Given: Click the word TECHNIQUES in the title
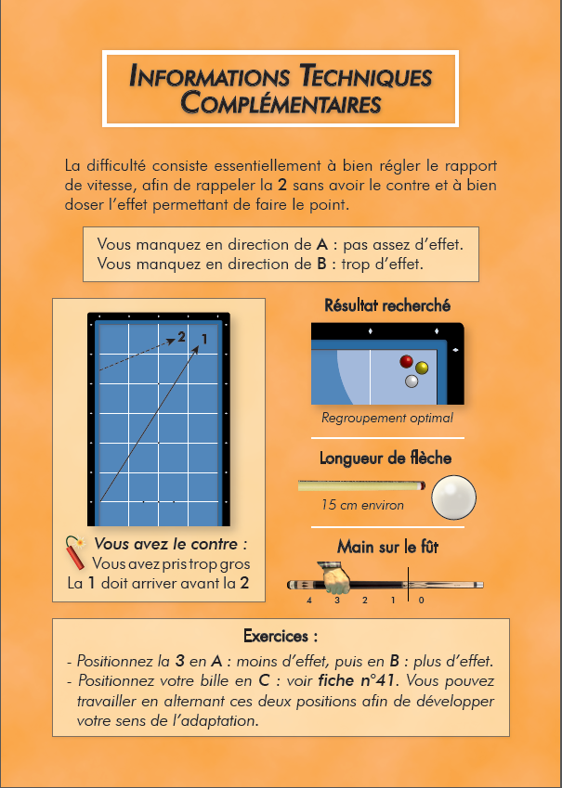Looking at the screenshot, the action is point(366,76).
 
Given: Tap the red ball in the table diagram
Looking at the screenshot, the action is point(407,361).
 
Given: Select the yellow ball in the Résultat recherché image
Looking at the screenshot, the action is point(422,368).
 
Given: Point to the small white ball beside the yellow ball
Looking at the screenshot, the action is point(412,381).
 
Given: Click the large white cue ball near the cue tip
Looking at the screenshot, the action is point(454,497).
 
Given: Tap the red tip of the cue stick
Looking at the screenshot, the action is point(423,485).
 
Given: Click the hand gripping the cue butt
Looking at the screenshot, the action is point(335,578).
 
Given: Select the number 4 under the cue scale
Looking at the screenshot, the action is point(309,600).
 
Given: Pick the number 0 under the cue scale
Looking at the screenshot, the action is point(421,600).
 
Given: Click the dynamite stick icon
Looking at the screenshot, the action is point(75,553).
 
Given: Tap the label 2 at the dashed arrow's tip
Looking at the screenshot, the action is point(182,337).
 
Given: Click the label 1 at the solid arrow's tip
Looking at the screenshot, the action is point(204,340).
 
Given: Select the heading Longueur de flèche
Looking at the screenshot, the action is point(386,458).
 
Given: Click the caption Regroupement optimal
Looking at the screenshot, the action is point(387,418).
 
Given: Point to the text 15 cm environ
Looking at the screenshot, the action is point(363,505).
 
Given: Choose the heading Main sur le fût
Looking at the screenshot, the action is point(387,547).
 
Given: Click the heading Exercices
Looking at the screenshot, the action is point(281,636).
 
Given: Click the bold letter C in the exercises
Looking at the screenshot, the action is point(264,680).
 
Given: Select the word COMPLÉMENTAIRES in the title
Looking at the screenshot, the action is point(281,102).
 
